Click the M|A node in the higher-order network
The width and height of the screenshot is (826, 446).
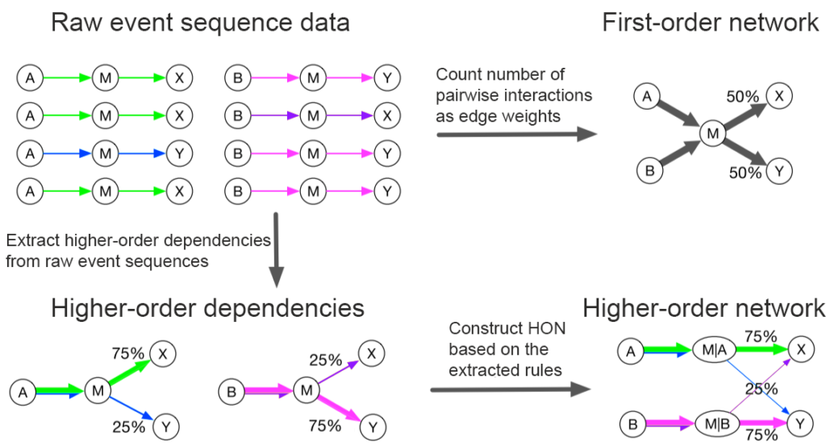tap(715, 350)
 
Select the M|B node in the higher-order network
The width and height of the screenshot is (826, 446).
tap(717, 424)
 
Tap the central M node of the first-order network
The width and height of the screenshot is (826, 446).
tap(713, 134)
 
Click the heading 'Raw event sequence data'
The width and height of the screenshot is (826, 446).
tap(200, 23)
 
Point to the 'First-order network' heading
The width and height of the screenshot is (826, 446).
tap(710, 23)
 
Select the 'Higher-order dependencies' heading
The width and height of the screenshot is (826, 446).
tap(207, 308)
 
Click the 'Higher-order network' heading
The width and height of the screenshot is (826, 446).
tap(703, 308)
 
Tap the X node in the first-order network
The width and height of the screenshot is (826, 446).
tap(779, 96)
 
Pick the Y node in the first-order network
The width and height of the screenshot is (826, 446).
tap(779, 171)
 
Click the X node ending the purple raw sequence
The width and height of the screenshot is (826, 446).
tap(387, 116)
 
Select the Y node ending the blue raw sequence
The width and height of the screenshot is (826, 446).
tap(180, 154)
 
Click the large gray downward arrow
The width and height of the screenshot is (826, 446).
tap(276, 249)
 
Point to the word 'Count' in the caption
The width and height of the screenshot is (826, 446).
tap(459, 75)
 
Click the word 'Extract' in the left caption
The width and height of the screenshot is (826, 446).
tap(32, 240)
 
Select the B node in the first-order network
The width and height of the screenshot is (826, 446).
tap(649, 171)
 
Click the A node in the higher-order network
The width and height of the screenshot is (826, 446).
tap(631, 351)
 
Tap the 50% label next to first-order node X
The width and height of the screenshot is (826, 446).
tap(743, 96)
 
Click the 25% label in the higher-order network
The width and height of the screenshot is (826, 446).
tap(761, 389)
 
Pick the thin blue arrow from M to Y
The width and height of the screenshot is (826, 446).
tap(131, 409)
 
